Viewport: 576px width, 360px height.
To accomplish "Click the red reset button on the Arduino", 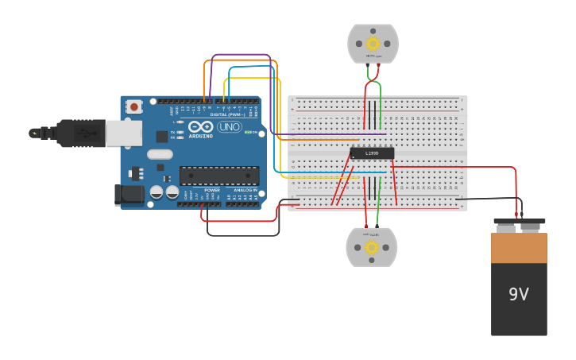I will (134, 106).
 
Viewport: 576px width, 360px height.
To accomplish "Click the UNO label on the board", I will (229, 127).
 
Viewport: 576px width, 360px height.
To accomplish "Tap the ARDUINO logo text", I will (201, 136).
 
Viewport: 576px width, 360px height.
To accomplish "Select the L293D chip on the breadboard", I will (372, 153).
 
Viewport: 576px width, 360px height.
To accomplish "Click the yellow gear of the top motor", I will (372, 44).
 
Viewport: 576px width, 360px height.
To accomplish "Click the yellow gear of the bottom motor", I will (372, 247).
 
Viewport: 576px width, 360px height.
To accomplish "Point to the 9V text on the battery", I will (519, 295).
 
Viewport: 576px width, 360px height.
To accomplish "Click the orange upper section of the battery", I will (519, 247).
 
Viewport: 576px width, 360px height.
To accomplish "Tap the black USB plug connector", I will (80, 134).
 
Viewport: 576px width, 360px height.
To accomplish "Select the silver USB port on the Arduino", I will (124, 134).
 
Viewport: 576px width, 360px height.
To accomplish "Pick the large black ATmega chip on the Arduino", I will (218, 176).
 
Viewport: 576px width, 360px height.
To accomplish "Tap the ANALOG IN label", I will (245, 191).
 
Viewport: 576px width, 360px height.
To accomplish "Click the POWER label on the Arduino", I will (212, 191).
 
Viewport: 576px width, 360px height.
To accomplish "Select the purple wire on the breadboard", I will (334, 134).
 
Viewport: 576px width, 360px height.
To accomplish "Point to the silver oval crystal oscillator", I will (160, 154).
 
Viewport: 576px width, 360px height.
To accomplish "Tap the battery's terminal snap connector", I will (519, 225).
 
